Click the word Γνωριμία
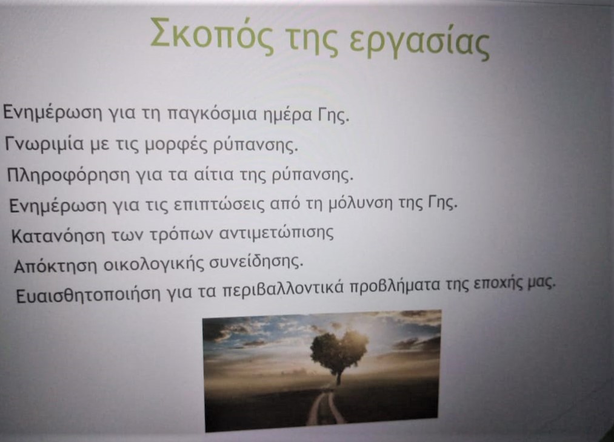click(x=44, y=143)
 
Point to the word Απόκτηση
click(x=55, y=266)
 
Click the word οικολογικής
click(x=155, y=265)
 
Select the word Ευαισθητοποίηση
click(x=88, y=295)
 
